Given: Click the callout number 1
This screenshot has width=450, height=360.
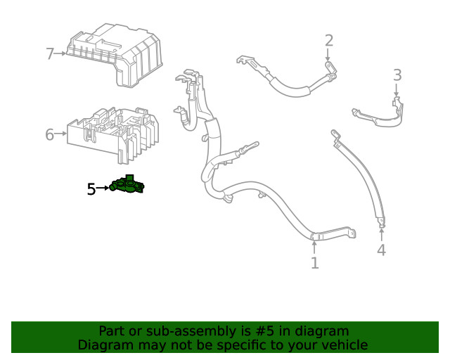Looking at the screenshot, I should [x=314, y=263].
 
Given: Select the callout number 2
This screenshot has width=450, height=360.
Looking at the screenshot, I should [x=328, y=40].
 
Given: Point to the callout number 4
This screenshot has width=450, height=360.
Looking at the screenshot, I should [x=381, y=250].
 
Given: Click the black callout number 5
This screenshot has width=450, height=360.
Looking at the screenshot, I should [x=91, y=188].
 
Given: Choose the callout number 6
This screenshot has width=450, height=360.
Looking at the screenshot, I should [x=50, y=134].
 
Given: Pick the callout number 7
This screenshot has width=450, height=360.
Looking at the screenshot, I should [x=50, y=53].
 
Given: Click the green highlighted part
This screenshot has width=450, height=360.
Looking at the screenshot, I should [x=127, y=186].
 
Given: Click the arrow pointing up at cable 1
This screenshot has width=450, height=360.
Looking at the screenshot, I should [x=314, y=245].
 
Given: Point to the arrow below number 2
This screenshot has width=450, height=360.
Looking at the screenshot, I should [x=328, y=56].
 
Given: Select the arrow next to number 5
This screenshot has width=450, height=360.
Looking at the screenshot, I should [x=103, y=188].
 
